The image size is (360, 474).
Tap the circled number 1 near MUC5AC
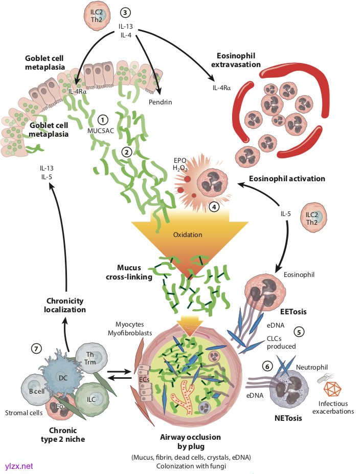(103, 119)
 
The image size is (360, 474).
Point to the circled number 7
(36, 348)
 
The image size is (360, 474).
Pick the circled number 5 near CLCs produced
(300, 331)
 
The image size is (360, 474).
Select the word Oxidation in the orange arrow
(188, 235)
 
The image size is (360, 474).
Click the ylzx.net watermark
(19, 466)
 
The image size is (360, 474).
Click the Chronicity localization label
(65, 305)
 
